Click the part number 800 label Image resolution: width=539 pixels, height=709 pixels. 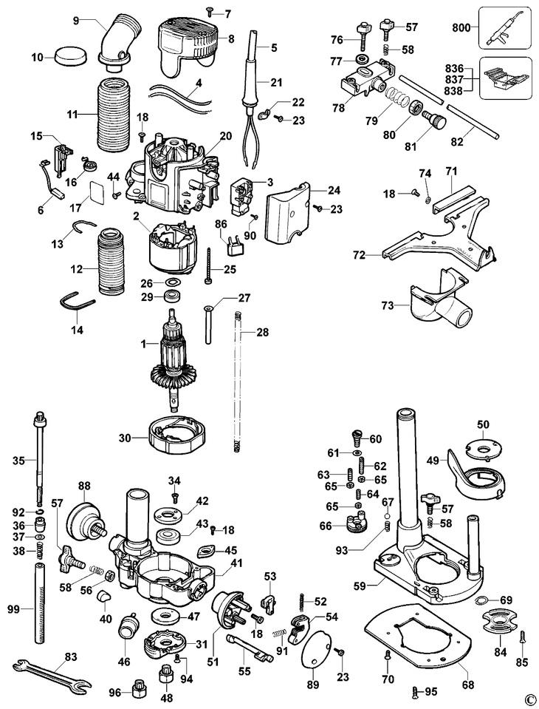461,27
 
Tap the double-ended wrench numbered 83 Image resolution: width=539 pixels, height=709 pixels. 49,674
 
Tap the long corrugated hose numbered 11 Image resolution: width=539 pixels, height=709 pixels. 112,115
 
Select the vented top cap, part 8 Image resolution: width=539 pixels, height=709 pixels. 188,47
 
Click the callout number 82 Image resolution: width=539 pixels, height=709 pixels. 457,141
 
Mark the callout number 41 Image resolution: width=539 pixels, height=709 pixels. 236,563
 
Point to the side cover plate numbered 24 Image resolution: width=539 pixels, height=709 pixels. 287,211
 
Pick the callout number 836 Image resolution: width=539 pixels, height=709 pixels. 454,69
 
